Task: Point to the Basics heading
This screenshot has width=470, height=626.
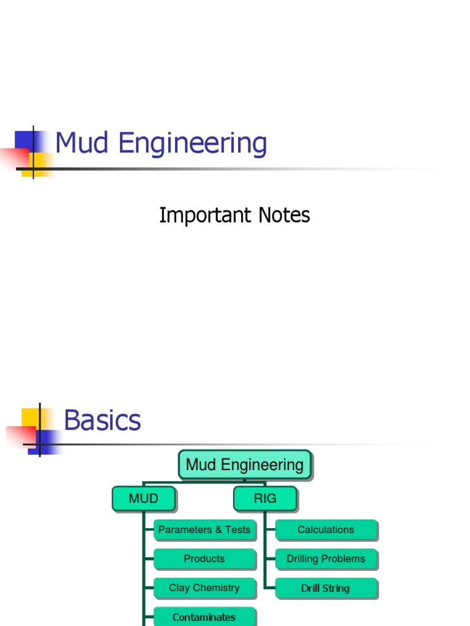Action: click(102, 421)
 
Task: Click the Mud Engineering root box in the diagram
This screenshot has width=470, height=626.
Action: click(244, 465)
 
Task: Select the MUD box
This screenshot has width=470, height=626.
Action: click(143, 499)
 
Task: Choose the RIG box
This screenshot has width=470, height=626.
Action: click(265, 499)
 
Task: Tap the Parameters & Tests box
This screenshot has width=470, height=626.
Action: click(204, 530)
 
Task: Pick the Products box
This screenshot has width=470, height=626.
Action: click(204, 559)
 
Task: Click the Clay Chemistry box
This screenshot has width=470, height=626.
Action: click(204, 588)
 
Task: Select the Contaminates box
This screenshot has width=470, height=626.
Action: click(204, 617)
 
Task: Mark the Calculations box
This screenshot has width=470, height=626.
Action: click(326, 530)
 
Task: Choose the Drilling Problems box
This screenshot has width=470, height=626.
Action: click(326, 559)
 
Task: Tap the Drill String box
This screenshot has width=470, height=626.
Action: click(326, 588)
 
